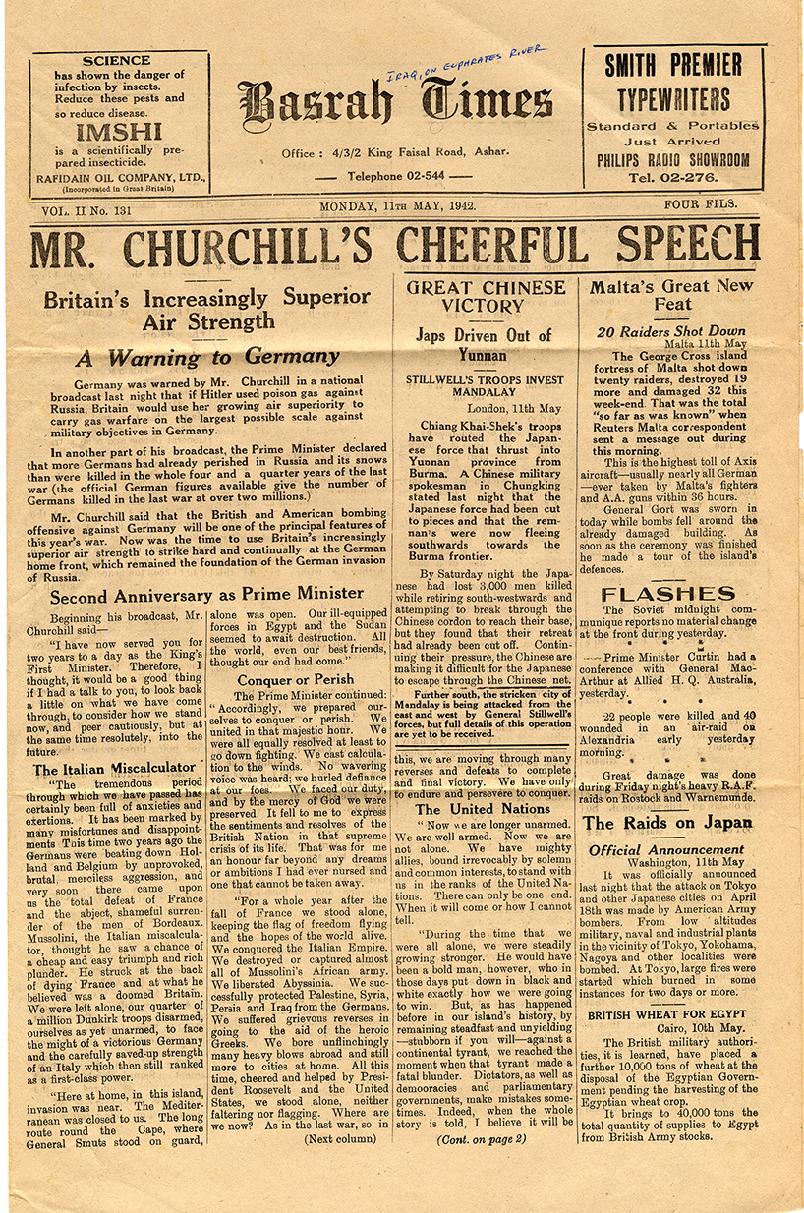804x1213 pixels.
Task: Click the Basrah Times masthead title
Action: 394,105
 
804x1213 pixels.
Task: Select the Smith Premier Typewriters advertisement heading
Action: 673,83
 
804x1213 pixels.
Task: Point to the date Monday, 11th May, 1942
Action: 398,206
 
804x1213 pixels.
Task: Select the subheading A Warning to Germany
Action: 208,357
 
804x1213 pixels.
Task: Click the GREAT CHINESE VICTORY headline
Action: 486,297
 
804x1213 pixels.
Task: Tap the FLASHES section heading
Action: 667,594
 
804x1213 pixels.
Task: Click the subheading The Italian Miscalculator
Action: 115,769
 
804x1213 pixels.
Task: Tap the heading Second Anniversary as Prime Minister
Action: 206,595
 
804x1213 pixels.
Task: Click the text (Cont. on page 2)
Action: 482,1139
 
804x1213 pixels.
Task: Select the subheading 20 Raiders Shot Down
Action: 671,331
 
